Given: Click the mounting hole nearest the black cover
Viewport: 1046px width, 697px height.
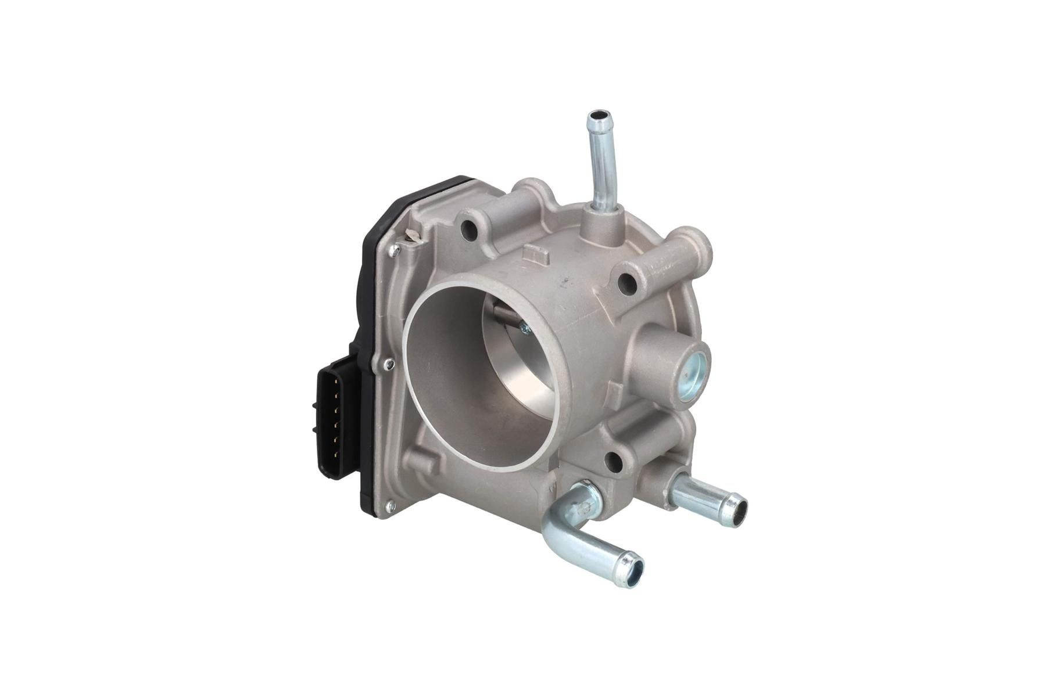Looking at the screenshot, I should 469,231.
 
